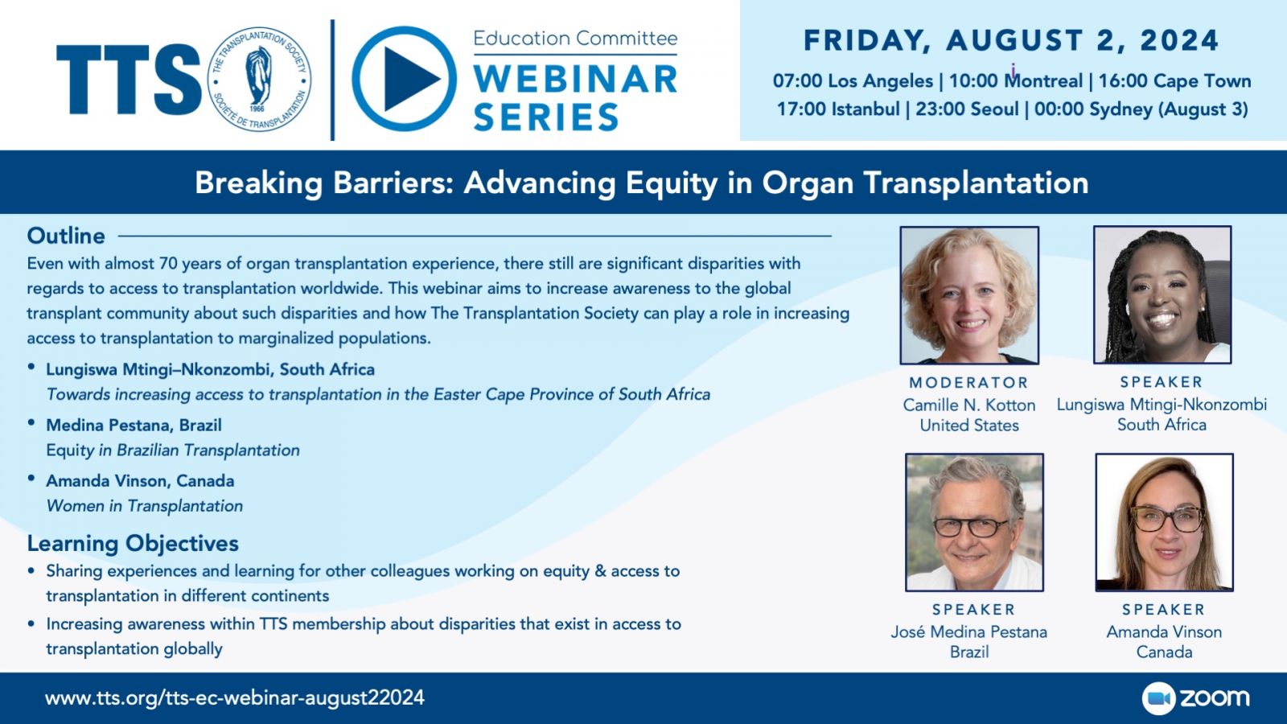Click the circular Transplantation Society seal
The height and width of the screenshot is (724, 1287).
click(x=259, y=79)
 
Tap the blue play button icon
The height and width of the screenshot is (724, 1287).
click(x=405, y=79)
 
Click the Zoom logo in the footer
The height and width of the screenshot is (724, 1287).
click(x=1195, y=698)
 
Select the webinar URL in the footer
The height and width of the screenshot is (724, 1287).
click(x=234, y=697)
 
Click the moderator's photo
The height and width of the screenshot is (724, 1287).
click(x=969, y=295)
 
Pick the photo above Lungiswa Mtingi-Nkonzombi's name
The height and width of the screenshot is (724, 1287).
click(x=1162, y=294)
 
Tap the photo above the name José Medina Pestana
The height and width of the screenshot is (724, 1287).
click(x=974, y=522)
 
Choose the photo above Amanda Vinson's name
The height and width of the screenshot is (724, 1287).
click(x=1165, y=522)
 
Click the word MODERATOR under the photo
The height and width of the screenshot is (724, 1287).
click(x=968, y=383)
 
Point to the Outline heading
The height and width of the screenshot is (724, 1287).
click(x=66, y=236)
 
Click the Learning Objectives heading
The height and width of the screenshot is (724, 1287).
click(x=133, y=543)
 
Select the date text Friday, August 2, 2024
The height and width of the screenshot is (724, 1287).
click(x=1011, y=41)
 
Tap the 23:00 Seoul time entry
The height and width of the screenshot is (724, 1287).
click(x=967, y=109)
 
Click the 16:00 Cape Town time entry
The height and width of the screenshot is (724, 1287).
click(x=1175, y=81)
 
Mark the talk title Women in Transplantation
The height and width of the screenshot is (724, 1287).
click(x=145, y=506)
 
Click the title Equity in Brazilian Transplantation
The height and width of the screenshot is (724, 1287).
click(x=173, y=450)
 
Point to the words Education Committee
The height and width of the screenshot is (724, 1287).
click(x=575, y=39)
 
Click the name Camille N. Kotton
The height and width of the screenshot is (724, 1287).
click(x=969, y=405)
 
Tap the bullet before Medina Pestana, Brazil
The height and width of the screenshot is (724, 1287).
click(x=31, y=423)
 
